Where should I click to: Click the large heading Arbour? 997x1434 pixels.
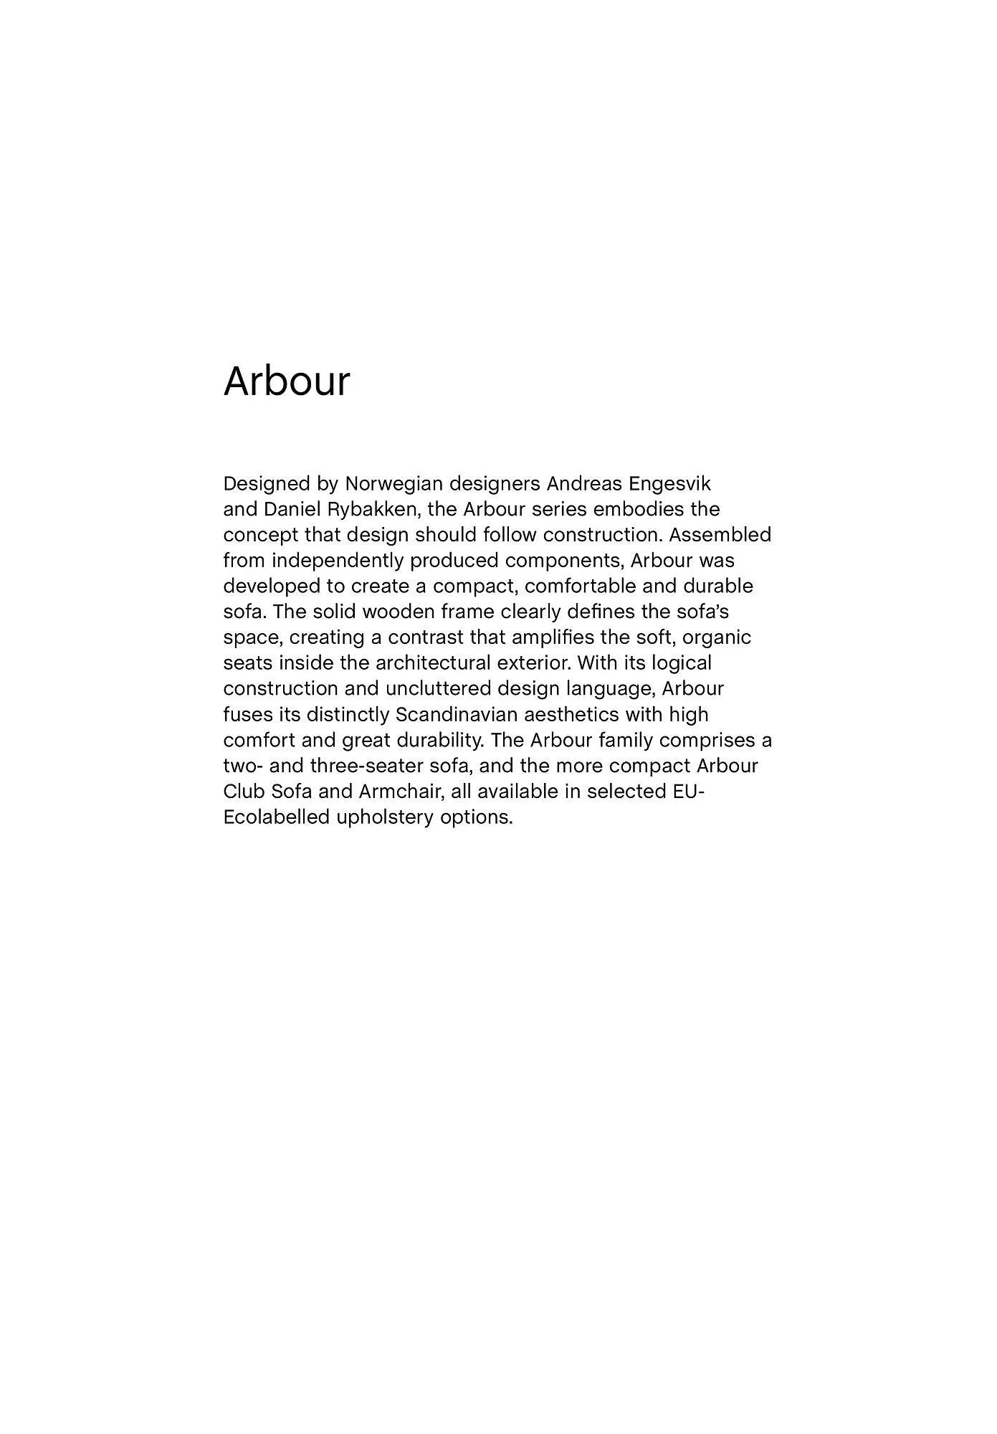287,381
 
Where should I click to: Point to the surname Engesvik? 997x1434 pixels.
670,484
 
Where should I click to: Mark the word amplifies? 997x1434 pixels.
553,637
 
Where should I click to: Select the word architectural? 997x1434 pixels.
433,663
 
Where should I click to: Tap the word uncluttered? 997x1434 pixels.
438,689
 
